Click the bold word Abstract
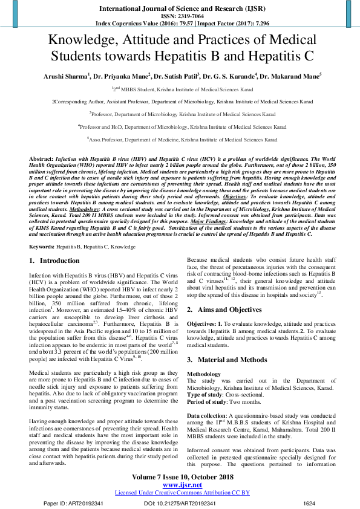click(x=41, y=157)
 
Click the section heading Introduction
click(x=59, y=261)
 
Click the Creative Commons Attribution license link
click(x=182, y=493)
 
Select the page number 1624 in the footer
click(x=309, y=502)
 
